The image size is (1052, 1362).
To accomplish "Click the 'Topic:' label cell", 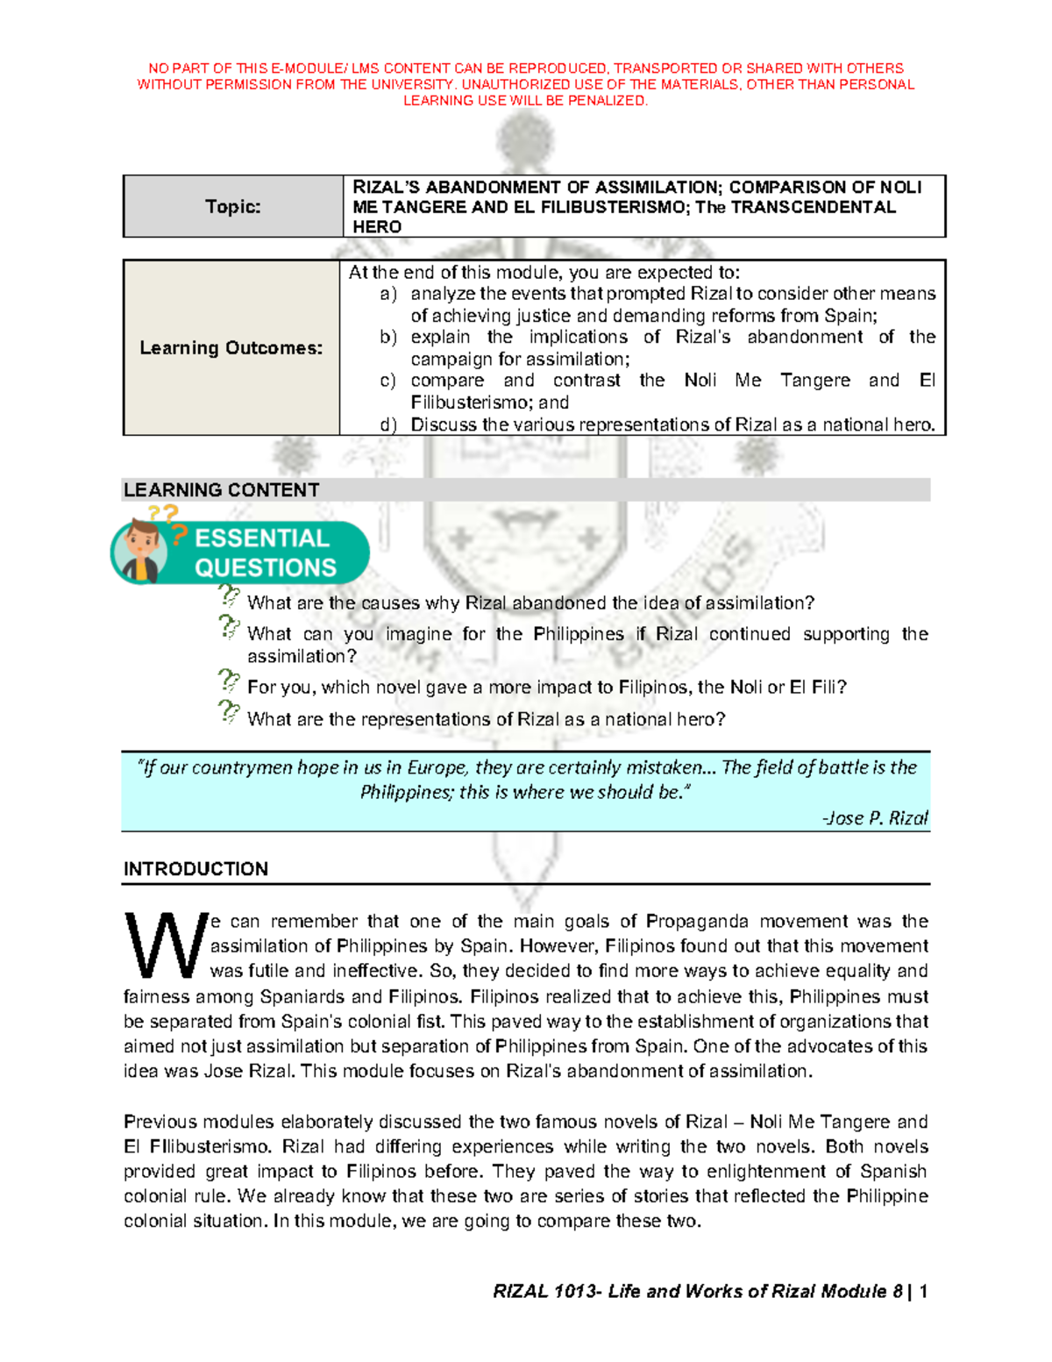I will pyautogui.click(x=232, y=206).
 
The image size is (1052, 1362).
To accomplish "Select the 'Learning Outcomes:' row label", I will pyautogui.click(x=231, y=347).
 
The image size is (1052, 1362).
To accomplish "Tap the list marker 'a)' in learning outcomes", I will pyautogui.click(x=387, y=294).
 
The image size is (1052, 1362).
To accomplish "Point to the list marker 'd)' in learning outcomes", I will pyautogui.click(x=387, y=424).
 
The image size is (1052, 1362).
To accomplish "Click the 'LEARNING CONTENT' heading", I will pyautogui.click(x=221, y=489).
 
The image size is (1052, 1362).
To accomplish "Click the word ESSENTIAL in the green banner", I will pyautogui.click(x=262, y=538).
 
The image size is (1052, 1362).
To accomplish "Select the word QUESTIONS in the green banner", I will pyautogui.click(x=266, y=567).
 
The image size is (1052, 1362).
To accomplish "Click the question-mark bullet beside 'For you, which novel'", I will pyautogui.click(x=228, y=681).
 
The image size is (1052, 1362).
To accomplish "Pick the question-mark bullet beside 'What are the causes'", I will pyautogui.click(x=228, y=596).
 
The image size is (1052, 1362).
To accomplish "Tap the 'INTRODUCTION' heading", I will pyautogui.click(x=195, y=868).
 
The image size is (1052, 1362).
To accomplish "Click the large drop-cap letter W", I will pyautogui.click(x=165, y=945).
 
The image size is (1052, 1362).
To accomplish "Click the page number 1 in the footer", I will pyautogui.click(x=923, y=1291).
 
